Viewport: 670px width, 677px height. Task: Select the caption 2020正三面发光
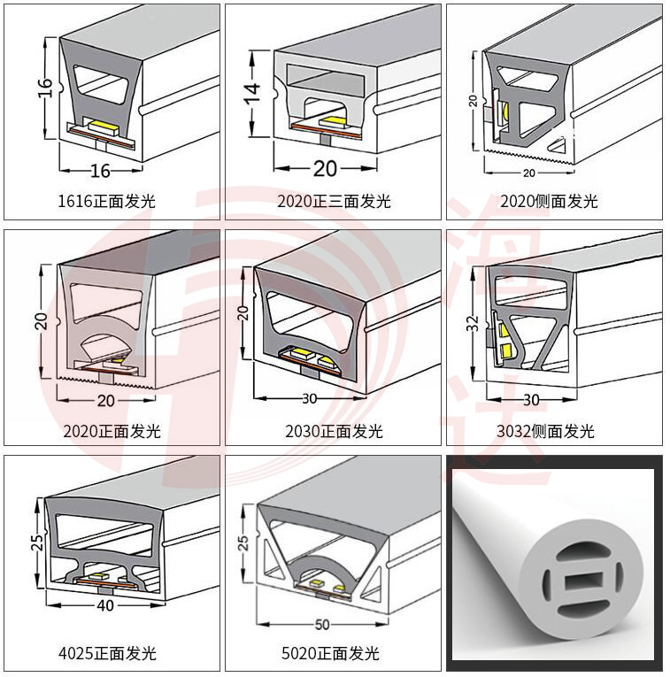(333, 201)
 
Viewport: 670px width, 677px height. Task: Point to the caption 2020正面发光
(112, 431)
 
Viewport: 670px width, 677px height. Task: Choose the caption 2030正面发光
(333, 431)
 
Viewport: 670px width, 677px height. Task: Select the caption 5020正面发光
(330, 653)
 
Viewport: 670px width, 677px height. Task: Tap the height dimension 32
(474, 322)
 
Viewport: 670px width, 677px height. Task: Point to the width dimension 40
(105, 606)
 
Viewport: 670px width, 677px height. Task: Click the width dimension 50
(321, 625)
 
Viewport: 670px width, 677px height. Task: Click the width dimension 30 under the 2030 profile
(309, 399)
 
